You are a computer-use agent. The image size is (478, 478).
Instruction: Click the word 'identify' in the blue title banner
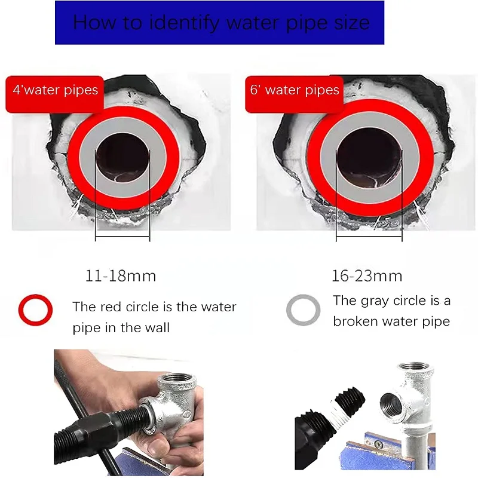coord(184,23)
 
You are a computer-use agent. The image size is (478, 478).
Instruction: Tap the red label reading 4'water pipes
coord(55,94)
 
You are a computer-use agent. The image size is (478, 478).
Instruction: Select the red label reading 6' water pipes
coord(295,94)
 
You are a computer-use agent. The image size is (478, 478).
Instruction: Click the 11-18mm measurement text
coord(121,276)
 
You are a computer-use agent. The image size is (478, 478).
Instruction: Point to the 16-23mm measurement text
coord(367,276)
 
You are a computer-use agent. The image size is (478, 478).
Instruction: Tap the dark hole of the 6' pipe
coord(369,158)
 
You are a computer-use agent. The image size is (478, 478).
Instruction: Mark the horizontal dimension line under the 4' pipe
coord(122,237)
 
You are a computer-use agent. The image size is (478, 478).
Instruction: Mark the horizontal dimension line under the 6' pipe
coord(369,237)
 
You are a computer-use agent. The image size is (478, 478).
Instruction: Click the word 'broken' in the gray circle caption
coord(355,321)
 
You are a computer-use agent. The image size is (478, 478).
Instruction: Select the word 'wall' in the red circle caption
coord(157,327)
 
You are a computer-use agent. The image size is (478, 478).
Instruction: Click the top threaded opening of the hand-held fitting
coord(177,379)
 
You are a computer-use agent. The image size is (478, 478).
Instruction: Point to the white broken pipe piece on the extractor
coord(337,412)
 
